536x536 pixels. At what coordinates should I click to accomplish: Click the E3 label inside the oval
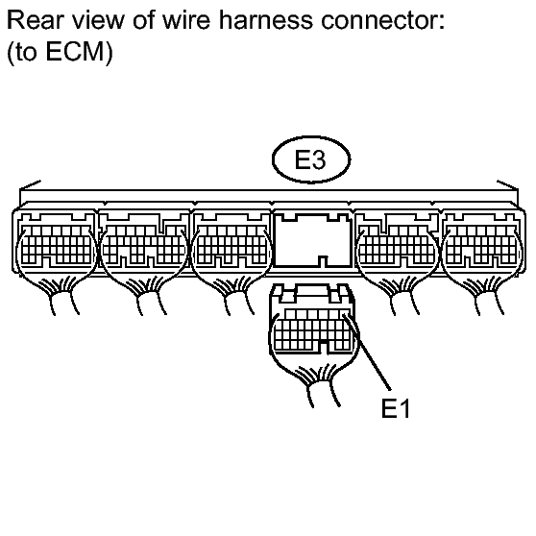point(310,159)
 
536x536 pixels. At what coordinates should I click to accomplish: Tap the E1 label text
point(395,408)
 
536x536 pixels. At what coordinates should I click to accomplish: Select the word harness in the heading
point(266,20)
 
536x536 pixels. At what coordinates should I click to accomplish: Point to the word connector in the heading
point(382,20)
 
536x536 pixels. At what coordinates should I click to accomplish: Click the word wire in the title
point(186,20)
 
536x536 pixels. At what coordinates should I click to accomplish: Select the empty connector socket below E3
point(313,240)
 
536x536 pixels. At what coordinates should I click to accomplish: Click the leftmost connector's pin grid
point(56,244)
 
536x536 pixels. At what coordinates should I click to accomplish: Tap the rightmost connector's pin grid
point(481,244)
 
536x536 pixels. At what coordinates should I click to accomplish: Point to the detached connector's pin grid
point(313,329)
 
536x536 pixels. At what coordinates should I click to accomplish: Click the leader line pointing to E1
point(367,353)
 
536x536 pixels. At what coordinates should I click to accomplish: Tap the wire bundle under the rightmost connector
point(485,295)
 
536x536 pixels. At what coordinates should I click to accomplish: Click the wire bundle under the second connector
point(147,295)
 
